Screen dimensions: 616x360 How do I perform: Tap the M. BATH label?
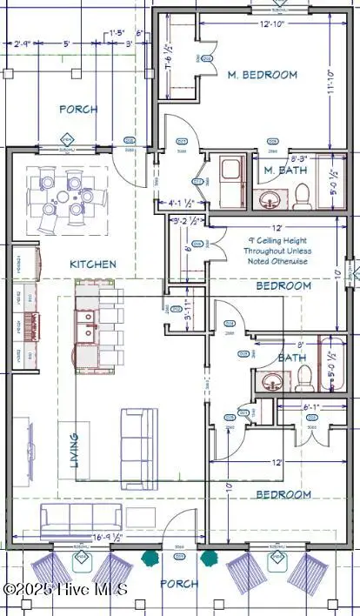(x=282, y=171)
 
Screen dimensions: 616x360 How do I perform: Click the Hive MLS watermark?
(x=65, y=590)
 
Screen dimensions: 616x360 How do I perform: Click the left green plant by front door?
(x=150, y=554)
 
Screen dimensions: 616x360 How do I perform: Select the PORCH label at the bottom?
(x=180, y=584)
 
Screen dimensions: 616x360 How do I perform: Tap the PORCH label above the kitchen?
(x=77, y=110)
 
